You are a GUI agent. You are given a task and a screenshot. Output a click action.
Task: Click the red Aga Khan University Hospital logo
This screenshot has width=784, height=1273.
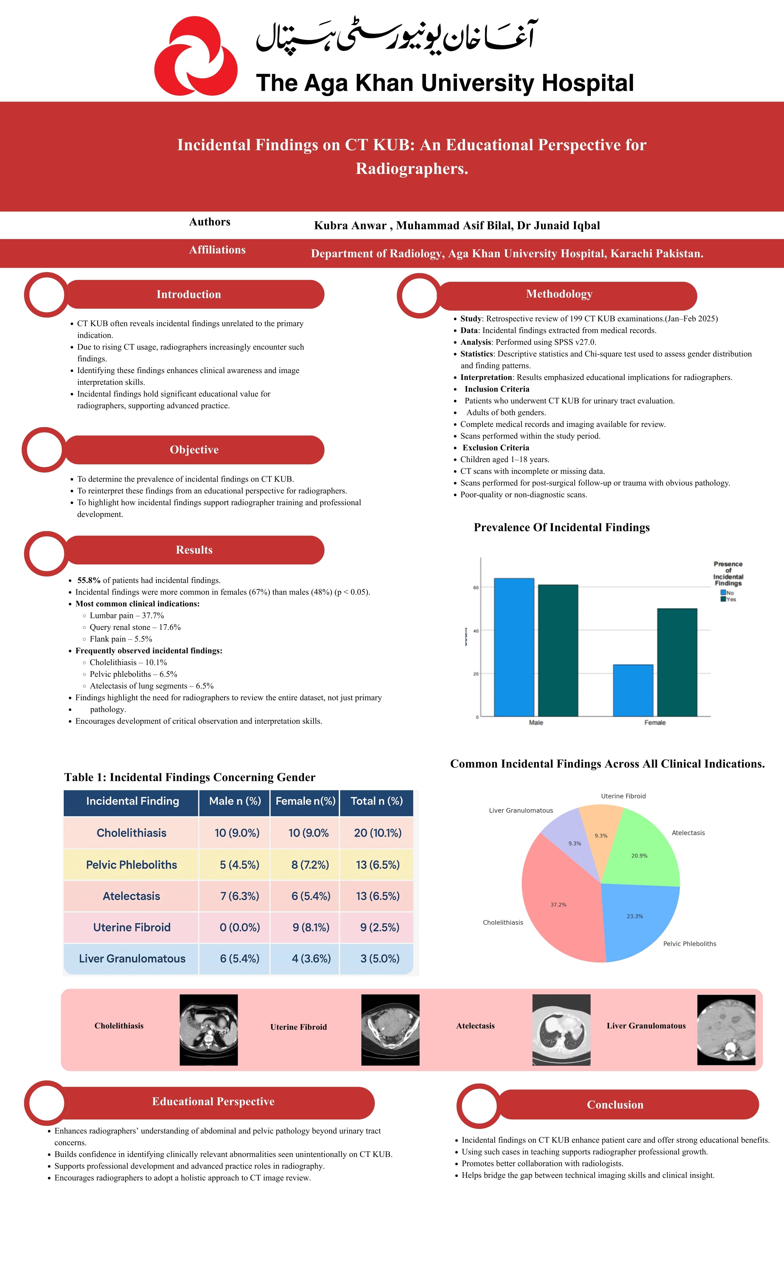(196, 56)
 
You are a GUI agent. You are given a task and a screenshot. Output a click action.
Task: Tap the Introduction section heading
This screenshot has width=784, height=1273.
(189, 294)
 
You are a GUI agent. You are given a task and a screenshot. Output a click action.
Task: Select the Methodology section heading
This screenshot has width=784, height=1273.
(559, 294)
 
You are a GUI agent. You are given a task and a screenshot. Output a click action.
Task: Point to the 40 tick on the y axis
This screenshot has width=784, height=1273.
(475, 631)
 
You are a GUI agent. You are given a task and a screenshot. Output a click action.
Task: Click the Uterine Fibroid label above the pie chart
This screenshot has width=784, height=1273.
(623, 796)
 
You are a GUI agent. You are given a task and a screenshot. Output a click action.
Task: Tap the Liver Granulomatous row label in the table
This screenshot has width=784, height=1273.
(132, 959)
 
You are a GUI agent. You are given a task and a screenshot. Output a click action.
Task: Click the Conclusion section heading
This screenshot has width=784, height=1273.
(615, 1105)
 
